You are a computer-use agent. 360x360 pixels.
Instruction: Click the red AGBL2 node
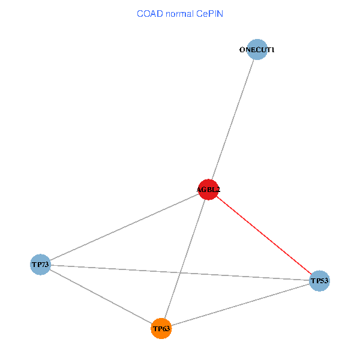[208, 190]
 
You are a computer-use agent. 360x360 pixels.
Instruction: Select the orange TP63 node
[161, 329]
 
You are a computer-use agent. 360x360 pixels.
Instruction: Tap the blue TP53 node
[319, 281]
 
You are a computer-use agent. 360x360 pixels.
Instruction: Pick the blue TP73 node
[40, 265]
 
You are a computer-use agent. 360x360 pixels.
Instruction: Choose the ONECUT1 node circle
[257, 49]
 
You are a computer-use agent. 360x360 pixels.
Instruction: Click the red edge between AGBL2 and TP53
[264, 235]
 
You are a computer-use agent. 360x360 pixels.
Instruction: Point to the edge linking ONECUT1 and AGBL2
[233, 119]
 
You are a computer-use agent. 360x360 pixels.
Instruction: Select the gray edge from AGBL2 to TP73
[124, 227]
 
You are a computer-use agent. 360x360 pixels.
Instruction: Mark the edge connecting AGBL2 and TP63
[185, 259]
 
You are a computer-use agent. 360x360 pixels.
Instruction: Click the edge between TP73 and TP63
[101, 296]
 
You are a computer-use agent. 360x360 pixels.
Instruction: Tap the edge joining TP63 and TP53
[241, 305]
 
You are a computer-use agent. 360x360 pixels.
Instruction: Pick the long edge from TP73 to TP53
[180, 273]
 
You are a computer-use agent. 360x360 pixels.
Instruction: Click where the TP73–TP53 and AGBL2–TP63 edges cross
[180, 273]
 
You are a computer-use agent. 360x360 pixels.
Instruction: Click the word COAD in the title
[150, 14]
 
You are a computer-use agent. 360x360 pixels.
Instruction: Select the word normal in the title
[180, 14]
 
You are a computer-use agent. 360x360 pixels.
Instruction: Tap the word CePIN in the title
[209, 14]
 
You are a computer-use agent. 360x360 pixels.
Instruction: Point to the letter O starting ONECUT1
[242, 50]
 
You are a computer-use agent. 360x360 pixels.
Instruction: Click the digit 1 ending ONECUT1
[272, 50]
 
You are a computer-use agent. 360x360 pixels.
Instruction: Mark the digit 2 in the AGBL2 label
[218, 190]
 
